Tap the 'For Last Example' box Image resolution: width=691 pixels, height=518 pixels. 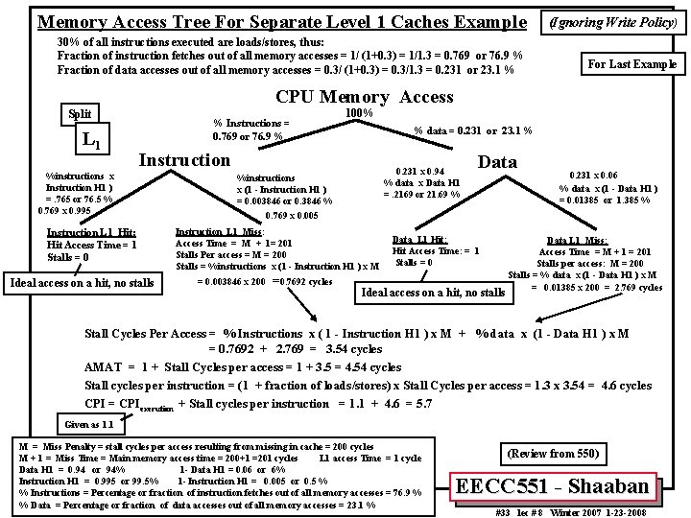point(631,64)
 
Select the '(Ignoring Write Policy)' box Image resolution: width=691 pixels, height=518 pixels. point(614,20)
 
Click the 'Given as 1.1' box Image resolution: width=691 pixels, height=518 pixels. point(88,424)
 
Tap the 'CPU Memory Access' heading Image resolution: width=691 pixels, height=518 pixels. point(364,96)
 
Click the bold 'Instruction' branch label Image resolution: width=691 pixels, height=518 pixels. point(185,160)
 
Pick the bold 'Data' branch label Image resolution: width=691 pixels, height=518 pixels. point(496,162)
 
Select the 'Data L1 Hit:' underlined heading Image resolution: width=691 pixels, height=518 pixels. point(419,239)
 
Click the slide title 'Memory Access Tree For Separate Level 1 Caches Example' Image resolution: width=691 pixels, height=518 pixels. point(280,21)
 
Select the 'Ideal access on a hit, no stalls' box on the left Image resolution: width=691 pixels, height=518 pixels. point(81,282)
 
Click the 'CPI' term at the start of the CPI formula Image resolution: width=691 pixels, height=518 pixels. point(95,403)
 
